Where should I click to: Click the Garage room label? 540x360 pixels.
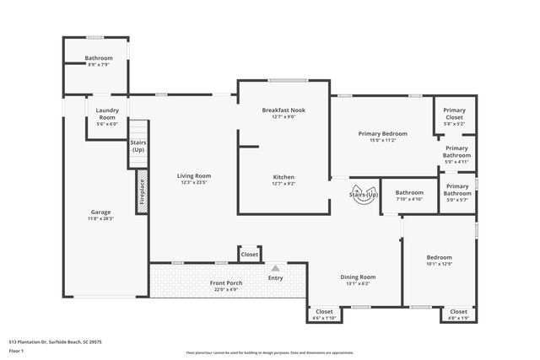click(x=100, y=212)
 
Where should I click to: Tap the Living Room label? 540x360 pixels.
click(x=193, y=176)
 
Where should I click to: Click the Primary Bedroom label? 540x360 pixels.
click(x=382, y=133)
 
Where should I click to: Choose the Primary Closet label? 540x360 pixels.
click(x=454, y=110)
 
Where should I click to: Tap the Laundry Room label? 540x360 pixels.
click(x=107, y=114)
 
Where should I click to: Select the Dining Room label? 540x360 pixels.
click(x=358, y=277)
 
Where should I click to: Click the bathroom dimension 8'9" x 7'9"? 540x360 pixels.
click(x=99, y=65)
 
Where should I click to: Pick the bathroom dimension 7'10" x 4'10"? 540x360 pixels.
click(x=409, y=200)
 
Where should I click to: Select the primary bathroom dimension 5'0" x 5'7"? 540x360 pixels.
click(x=457, y=200)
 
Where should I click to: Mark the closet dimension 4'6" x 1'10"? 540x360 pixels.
click(x=324, y=319)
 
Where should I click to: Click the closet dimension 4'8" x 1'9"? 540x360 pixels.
click(x=458, y=319)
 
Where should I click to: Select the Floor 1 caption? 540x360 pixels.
click(x=17, y=350)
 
